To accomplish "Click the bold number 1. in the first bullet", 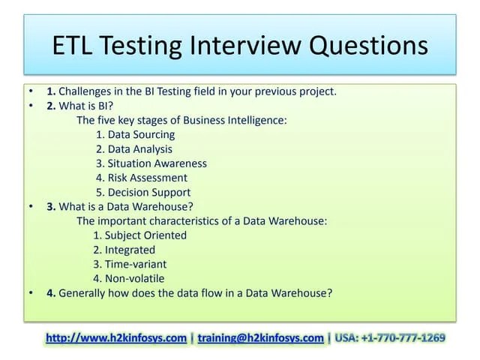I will coord(52,91).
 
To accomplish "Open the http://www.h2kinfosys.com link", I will coord(116,338).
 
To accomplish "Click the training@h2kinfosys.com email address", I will coord(261,338).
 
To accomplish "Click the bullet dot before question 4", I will coord(31,293).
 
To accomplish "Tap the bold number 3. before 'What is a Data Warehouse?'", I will coord(52,207).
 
